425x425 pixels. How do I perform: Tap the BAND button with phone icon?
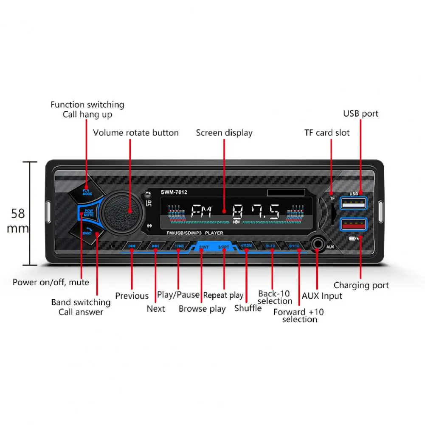88,232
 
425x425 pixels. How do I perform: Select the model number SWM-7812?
174,192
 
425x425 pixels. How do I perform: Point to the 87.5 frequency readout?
256,211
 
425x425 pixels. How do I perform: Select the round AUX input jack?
318,246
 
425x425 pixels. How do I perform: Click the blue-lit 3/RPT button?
223,247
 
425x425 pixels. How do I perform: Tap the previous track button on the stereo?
132,246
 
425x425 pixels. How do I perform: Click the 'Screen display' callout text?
224,133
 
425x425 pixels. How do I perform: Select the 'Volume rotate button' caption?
136,133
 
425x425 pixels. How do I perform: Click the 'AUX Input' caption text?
322,296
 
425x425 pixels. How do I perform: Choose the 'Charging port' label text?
361,285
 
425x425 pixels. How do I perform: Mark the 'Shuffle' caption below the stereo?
248,308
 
